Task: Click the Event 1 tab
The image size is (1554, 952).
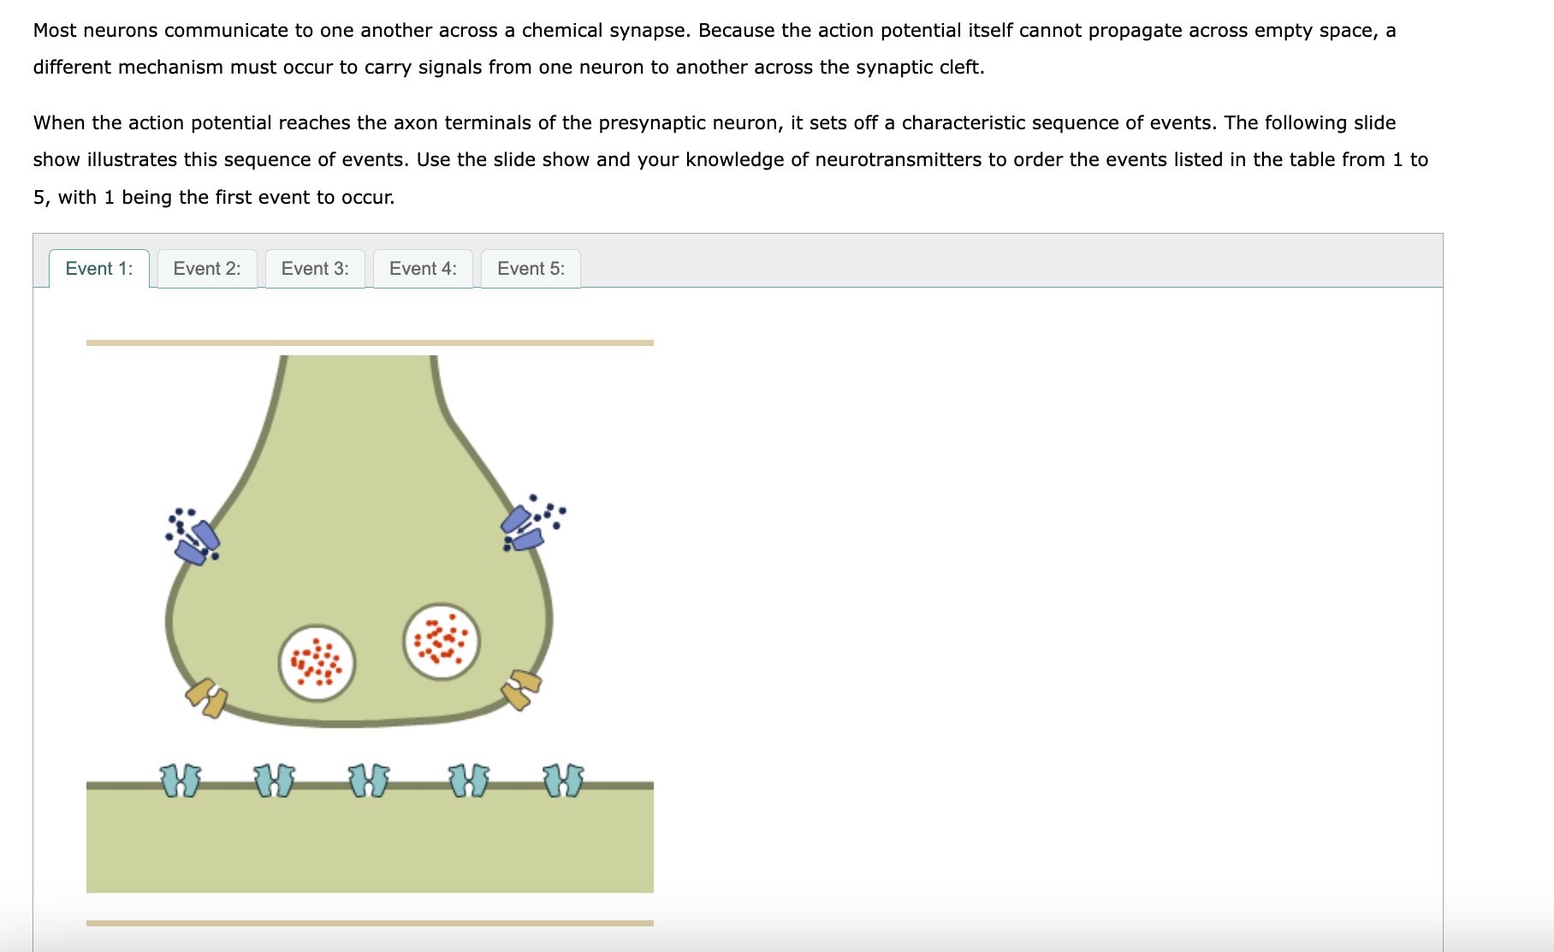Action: [99, 269]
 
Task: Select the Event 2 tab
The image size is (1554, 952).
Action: [207, 269]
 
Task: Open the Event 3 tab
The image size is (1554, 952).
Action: [315, 269]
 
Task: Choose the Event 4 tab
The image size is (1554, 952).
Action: [423, 269]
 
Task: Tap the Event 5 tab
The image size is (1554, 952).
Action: [531, 269]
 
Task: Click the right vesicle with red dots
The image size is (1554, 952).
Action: [442, 642]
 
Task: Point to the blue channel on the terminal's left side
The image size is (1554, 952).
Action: [198, 542]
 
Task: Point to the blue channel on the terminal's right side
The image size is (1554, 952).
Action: [522, 528]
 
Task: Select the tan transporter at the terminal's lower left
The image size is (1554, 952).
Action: [207, 697]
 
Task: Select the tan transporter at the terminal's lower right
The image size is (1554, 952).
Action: [521, 689]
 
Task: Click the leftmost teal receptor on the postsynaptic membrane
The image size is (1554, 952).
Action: [181, 780]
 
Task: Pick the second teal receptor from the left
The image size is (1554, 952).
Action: [275, 780]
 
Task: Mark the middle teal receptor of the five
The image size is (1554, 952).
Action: [369, 780]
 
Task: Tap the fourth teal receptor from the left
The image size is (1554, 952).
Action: [469, 780]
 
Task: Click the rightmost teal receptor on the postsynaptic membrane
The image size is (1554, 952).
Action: [564, 780]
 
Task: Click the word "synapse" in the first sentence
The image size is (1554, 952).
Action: [649, 31]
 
